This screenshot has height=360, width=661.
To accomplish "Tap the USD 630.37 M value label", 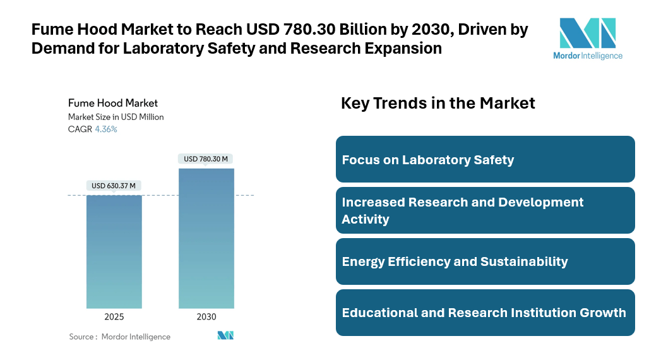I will pos(114,186).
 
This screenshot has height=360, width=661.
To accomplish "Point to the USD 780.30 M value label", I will pos(206,159).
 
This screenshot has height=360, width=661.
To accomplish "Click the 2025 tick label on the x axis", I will pos(114,317).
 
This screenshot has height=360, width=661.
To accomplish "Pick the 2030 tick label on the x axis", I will pos(206,317).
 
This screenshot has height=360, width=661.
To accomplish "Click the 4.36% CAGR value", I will pos(106,129).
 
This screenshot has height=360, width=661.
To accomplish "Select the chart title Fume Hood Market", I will pos(113,103).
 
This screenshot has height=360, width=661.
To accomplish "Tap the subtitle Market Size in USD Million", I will pos(116,117).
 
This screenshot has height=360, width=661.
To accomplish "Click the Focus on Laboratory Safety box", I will pos(485,159).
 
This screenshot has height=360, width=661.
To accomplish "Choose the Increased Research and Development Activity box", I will pos(485,210).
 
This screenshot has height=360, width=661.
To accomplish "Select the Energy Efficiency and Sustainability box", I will pos(485,261).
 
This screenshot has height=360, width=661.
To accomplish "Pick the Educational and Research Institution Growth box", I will pos(485,313).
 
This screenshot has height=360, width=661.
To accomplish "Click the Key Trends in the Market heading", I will pos(438,103).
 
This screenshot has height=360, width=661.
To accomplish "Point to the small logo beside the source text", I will pos(225,335).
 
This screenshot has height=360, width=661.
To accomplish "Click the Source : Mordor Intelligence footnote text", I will pos(120,337).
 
